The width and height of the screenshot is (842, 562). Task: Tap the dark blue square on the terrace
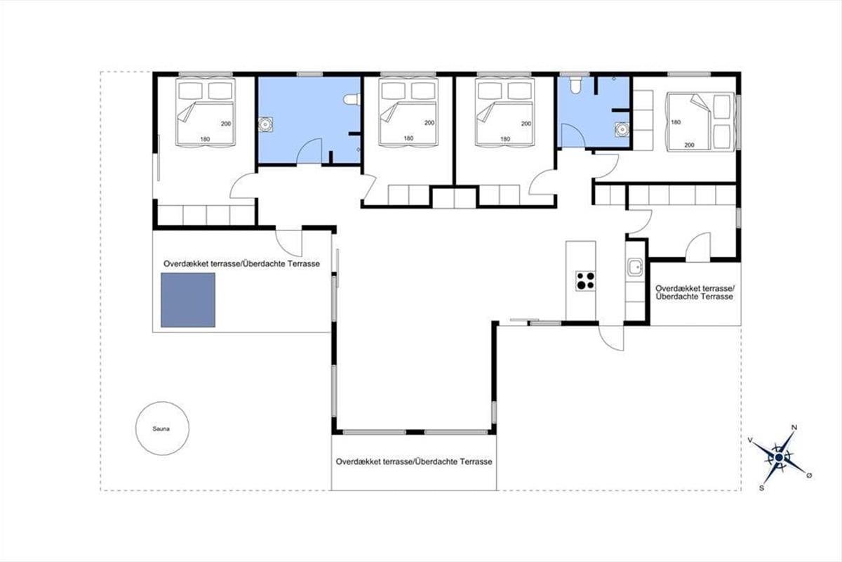(x=188, y=300)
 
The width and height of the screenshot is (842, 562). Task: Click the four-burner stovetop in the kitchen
(x=585, y=281)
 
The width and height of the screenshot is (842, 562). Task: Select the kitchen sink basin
(x=635, y=267)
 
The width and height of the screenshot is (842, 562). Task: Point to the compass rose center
(x=779, y=457)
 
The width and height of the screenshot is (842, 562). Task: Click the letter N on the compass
(x=794, y=428)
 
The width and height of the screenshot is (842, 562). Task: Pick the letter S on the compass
(x=761, y=488)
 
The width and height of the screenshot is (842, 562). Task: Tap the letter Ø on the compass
(x=809, y=476)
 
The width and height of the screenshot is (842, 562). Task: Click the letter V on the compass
(x=750, y=440)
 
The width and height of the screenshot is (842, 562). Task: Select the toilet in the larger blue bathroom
(x=352, y=99)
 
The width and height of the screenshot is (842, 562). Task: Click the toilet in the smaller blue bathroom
(x=575, y=85)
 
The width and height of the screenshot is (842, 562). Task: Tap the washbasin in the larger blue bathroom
(x=265, y=124)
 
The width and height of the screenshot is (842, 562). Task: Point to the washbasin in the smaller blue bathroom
(x=622, y=129)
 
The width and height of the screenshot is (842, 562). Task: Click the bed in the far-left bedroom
(x=205, y=112)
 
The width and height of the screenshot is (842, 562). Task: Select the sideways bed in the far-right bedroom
(x=701, y=122)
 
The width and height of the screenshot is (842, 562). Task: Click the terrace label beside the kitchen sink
(x=695, y=292)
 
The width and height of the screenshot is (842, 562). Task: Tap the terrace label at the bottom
(x=414, y=462)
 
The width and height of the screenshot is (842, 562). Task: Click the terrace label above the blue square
(x=241, y=263)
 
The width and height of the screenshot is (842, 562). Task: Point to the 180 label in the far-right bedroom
(x=676, y=122)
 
